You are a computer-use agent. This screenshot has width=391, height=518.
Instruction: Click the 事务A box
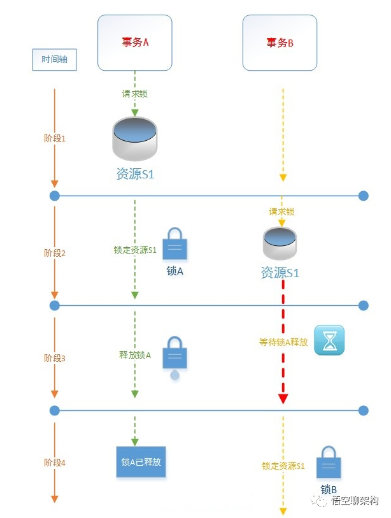pyautogui.click(x=134, y=43)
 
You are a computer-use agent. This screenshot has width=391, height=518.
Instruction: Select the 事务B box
pyautogui.click(x=280, y=43)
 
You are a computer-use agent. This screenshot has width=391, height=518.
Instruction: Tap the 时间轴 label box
pyautogui.click(x=55, y=60)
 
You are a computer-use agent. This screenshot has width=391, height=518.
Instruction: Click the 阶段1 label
pyautogui.click(x=55, y=138)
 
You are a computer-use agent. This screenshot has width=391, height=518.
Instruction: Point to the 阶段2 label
pyautogui.click(x=55, y=253)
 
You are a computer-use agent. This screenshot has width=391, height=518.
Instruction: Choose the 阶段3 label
pyautogui.click(x=55, y=358)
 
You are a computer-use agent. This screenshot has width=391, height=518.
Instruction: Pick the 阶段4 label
pyautogui.click(x=55, y=463)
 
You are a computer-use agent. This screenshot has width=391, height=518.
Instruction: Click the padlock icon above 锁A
pyautogui.click(x=175, y=244)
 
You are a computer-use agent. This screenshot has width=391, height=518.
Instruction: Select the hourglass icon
pyautogui.click(x=329, y=340)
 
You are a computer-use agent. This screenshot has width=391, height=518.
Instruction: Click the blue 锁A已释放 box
pyautogui.click(x=141, y=462)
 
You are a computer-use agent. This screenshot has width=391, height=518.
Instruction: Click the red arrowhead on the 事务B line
pyautogui.click(x=283, y=399)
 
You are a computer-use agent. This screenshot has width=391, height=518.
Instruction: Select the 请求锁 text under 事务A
pyautogui.click(x=135, y=94)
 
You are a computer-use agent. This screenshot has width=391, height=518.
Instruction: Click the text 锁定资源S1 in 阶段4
pyautogui.click(x=283, y=466)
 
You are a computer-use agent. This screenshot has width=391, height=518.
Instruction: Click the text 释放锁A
pyautogui.click(x=135, y=355)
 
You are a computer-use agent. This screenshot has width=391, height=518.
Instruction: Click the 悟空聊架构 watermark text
pyautogui.click(x=355, y=501)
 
